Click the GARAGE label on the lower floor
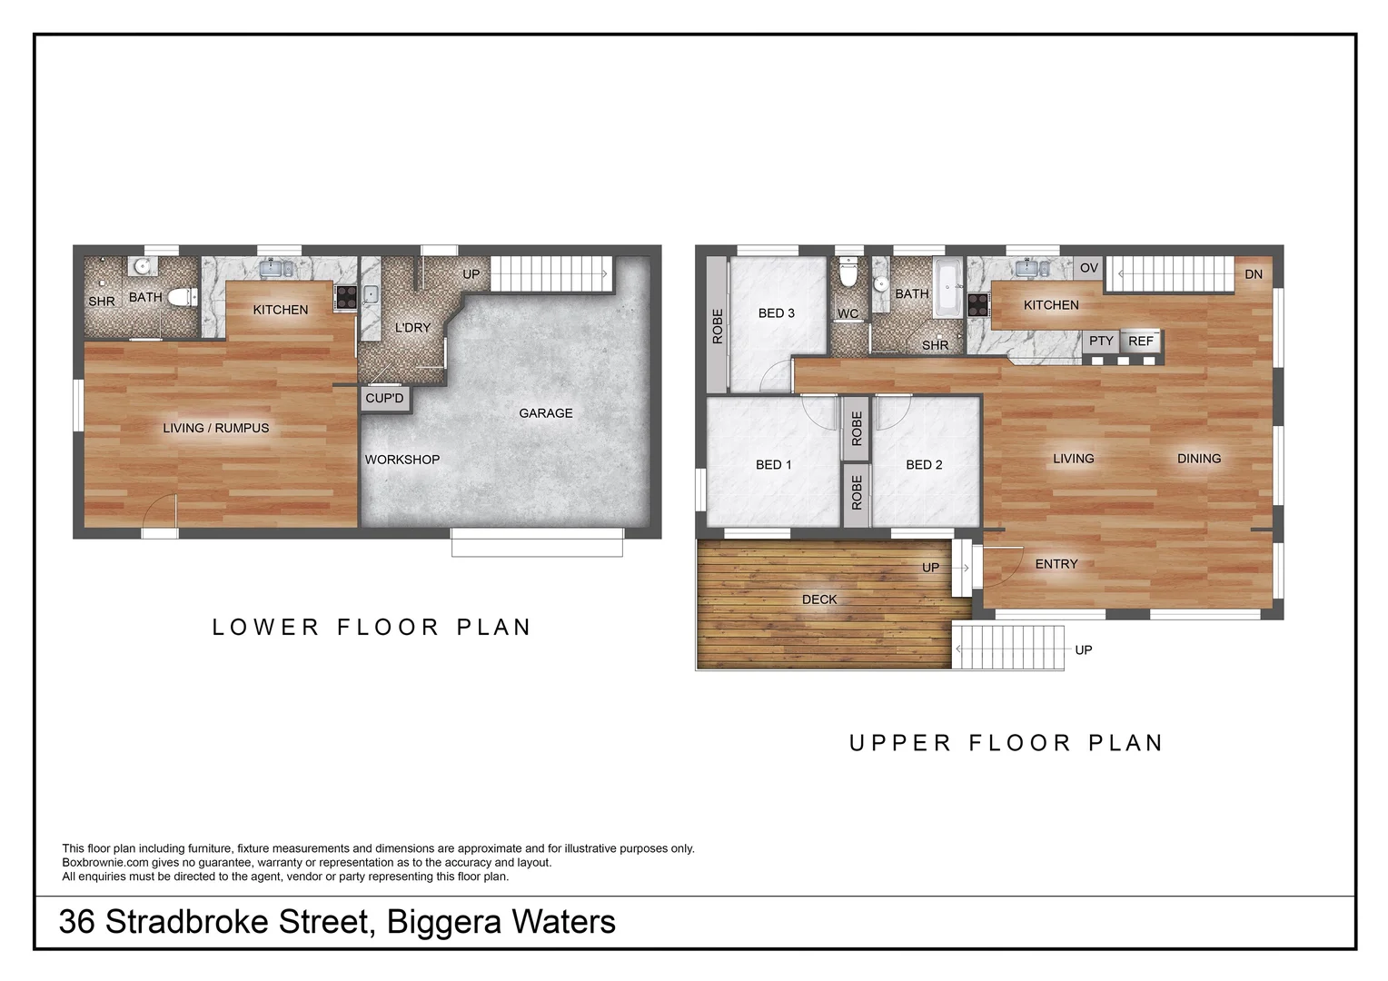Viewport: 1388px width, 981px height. pos(545,413)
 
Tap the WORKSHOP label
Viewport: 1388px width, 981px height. pos(402,460)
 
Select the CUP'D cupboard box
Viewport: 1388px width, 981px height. pos(384,399)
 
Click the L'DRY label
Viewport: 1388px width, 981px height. pos(412,327)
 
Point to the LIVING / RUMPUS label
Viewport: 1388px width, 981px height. pos(216,428)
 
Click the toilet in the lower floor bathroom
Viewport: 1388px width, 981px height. pos(183,296)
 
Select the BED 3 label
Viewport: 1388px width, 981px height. pos(776,313)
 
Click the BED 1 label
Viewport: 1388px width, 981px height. pos(773,465)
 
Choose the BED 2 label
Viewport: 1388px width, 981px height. pos(924,465)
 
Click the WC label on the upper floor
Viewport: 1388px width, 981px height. pos(848,314)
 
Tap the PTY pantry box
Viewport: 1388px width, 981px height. pos(1100,342)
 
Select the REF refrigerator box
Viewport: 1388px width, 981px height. pos(1140,342)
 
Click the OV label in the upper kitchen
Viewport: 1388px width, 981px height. pos(1088,268)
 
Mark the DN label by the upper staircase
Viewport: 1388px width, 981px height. pos(1253,274)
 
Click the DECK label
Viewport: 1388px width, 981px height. pos(818,599)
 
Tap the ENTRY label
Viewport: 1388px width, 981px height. pos(1056,564)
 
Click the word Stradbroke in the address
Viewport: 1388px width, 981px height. pos(236,922)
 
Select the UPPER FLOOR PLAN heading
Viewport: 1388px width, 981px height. pos(1006,743)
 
